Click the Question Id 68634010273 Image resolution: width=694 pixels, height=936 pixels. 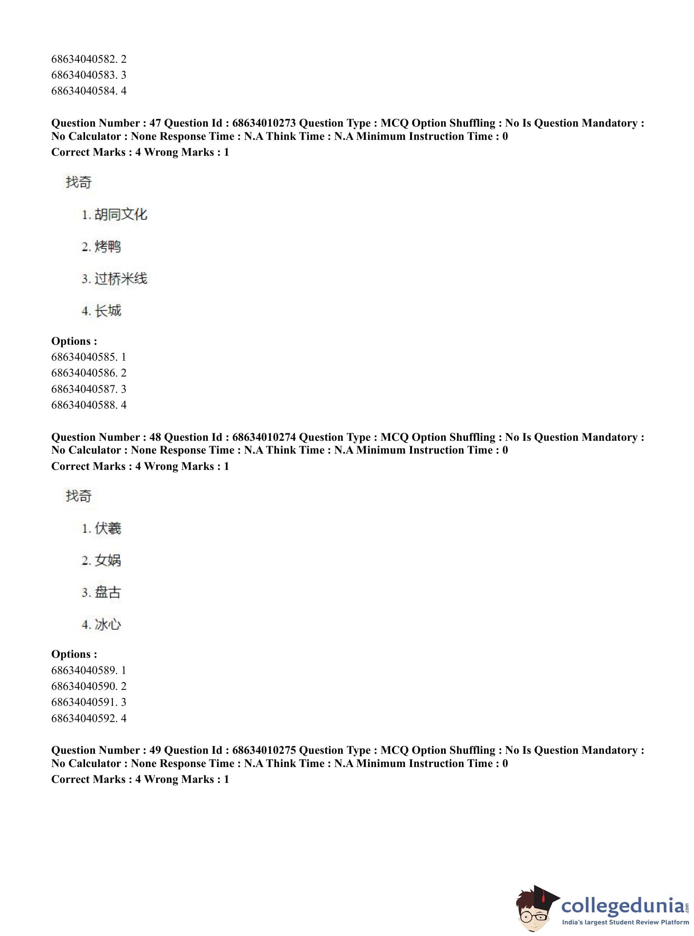click(264, 123)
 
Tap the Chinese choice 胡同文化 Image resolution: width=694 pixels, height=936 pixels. click(121, 215)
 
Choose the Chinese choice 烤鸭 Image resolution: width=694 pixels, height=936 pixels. click(108, 246)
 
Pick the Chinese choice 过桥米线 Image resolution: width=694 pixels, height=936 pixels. click(121, 279)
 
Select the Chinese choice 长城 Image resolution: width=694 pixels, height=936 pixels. click(108, 311)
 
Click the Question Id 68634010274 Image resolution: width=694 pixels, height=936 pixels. click(264, 437)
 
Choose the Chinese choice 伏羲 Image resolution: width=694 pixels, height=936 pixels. click(108, 528)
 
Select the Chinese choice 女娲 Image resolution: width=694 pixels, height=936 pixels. click(108, 560)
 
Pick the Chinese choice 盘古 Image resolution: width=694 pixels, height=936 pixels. click(108, 592)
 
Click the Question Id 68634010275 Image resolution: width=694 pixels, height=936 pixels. click(264, 750)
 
